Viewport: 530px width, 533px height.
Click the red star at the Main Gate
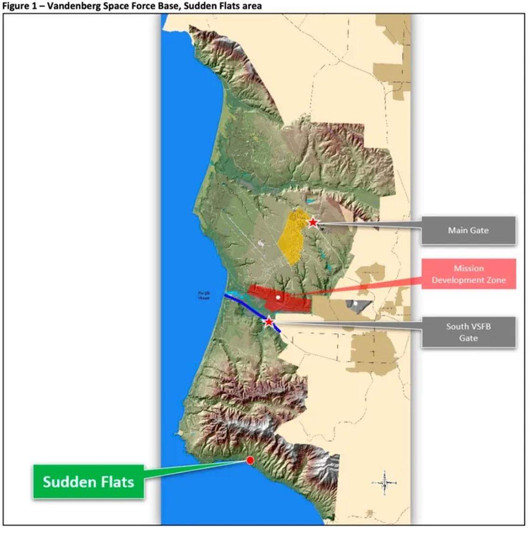pyautogui.click(x=313, y=222)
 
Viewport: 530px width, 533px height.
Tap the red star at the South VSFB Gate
pyautogui.click(x=269, y=321)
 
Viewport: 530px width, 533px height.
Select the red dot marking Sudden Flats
pyautogui.click(x=250, y=460)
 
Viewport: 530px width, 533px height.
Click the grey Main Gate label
pyautogui.click(x=468, y=230)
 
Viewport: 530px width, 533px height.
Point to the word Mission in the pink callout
pyautogui.click(x=469, y=268)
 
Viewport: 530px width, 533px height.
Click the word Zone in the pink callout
pyautogui.click(x=496, y=280)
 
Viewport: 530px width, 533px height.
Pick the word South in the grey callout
pyautogui.click(x=456, y=326)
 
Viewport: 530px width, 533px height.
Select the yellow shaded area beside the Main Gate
pyautogui.click(x=291, y=237)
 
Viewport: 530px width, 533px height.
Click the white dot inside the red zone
pyautogui.click(x=278, y=297)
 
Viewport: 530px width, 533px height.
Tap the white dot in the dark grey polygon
pyautogui.click(x=355, y=304)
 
